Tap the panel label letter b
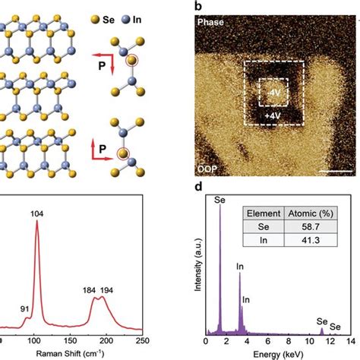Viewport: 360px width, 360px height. point(199,7)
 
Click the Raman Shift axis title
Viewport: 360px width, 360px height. point(73,354)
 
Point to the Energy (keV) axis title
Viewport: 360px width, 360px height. point(274,354)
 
